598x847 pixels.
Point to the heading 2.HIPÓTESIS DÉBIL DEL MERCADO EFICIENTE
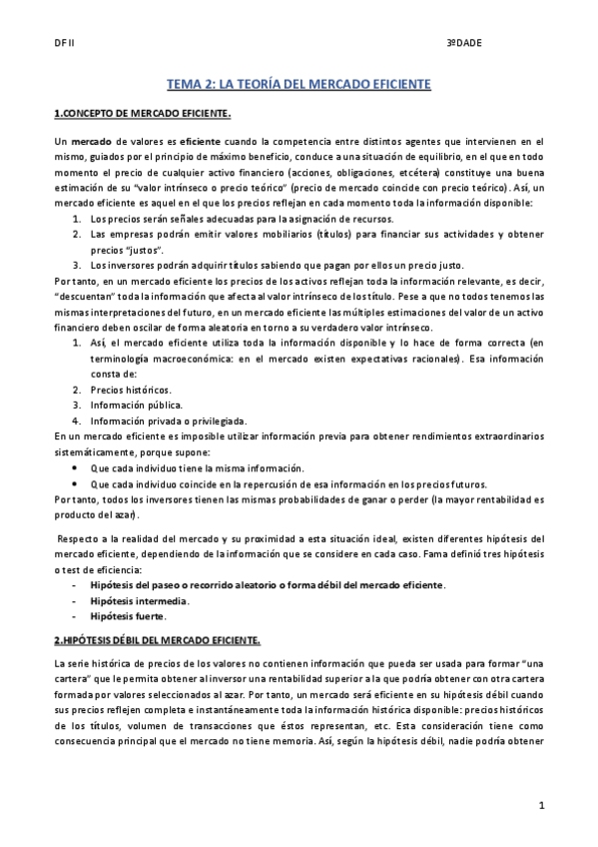click(158, 638)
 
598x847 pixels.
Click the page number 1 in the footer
click(540, 805)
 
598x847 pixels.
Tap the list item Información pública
click(136, 405)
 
